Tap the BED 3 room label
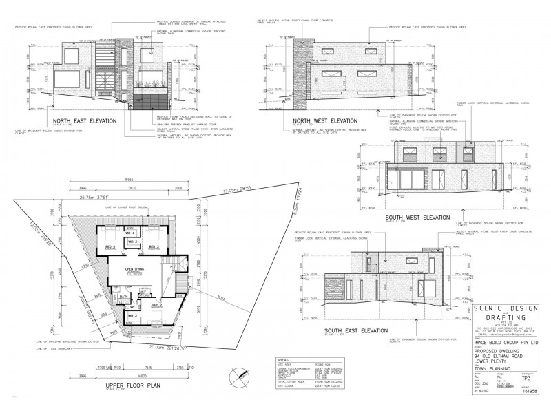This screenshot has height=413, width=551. coord(156,246)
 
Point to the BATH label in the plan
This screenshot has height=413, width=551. coord(124,297)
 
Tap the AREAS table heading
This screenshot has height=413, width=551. coord(280,359)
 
